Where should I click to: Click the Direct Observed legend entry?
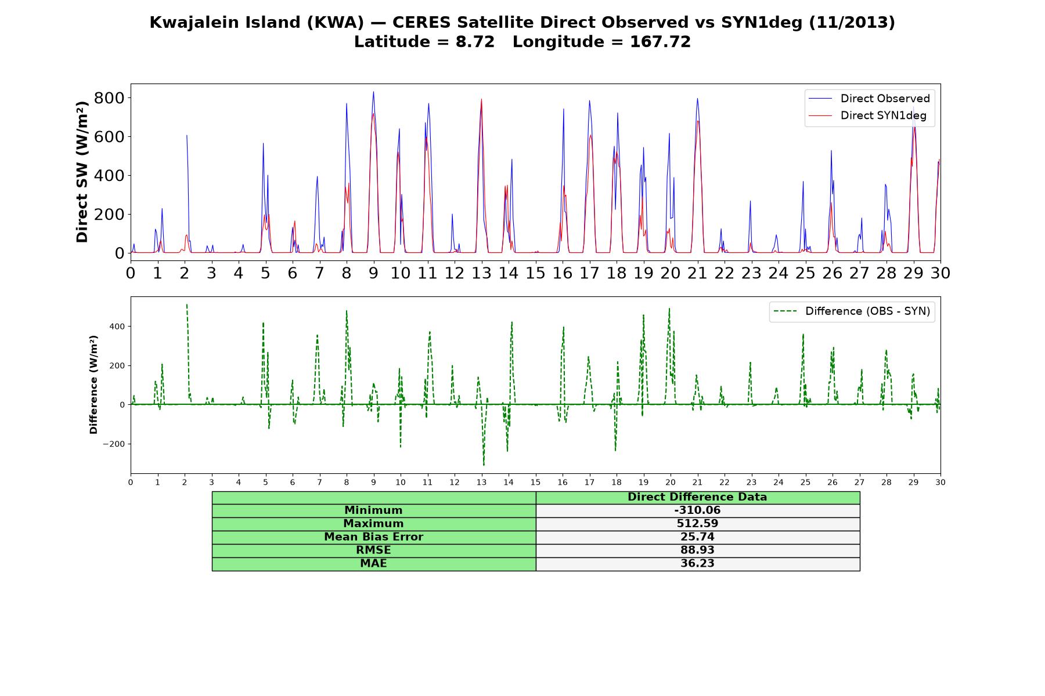tap(869, 99)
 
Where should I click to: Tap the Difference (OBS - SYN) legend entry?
tap(852, 311)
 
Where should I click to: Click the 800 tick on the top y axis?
tap(109, 97)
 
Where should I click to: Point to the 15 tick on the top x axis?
tap(535, 273)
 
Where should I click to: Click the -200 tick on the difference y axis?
tap(114, 444)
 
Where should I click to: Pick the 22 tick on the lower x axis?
tap(724, 482)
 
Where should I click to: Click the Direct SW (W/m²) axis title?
tap(82, 172)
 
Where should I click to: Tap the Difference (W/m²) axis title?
tap(93, 385)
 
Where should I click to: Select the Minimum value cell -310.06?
tap(697, 510)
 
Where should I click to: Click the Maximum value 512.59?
tap(697, 524)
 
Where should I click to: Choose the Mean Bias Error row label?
tap(373, 537)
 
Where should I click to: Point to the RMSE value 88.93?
tap(697, 550)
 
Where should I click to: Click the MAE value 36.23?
tap(697, 564)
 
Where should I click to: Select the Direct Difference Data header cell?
tap(697, 498)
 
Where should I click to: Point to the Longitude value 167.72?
tap(660, 42)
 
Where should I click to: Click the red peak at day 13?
tap(481, 99)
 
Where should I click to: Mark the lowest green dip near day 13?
tap(484, 465)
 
